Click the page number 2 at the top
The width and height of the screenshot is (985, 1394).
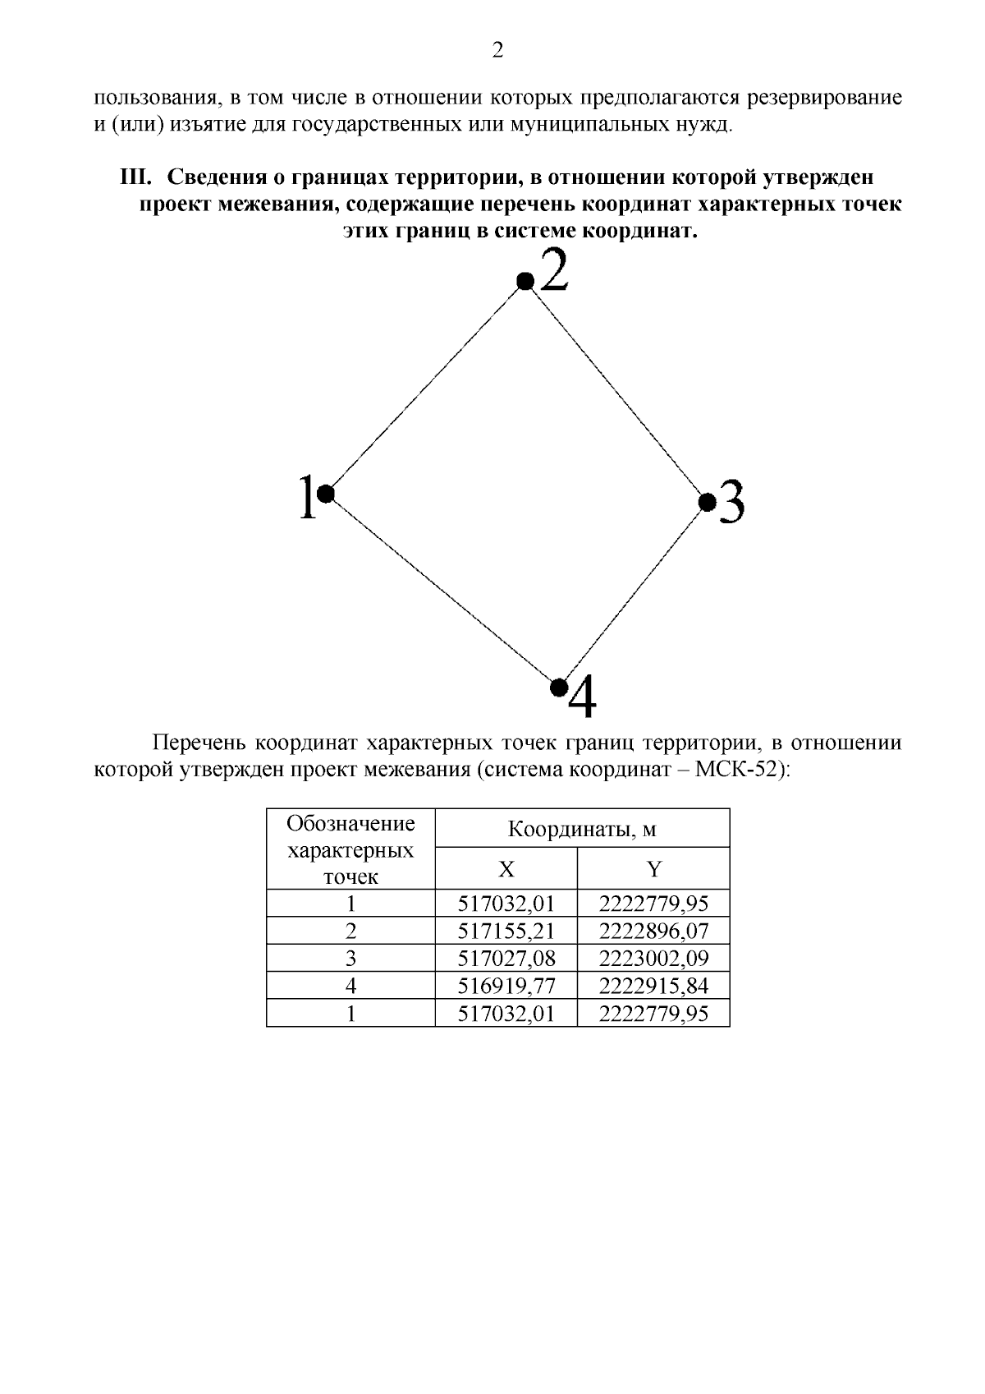click(497, 51)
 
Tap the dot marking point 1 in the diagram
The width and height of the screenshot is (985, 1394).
click(325, 493)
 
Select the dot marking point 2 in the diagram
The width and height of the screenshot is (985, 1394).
click(525, 282)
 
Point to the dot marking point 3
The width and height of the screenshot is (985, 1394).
click(706, 501)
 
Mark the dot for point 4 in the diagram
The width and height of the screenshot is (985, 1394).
click(559, 685)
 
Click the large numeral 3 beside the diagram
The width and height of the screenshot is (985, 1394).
click(731, 503)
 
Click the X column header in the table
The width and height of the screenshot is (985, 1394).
click(506, 870)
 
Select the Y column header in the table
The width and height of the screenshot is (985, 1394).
click(653, 870)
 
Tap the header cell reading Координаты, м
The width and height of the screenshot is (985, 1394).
click(582, 829)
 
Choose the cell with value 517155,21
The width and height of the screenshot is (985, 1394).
click(506, 932)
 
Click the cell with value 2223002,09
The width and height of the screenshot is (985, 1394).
click(653, 959)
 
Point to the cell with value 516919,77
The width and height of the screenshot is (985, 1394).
click(506, 986)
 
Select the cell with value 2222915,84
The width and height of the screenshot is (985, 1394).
click(653, 986)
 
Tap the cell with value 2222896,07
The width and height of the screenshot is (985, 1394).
click(653, 932)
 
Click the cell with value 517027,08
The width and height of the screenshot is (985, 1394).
click(506, 959)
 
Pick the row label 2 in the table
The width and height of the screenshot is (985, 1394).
click(351, 932)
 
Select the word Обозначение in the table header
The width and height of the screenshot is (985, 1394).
click(351, 824)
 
